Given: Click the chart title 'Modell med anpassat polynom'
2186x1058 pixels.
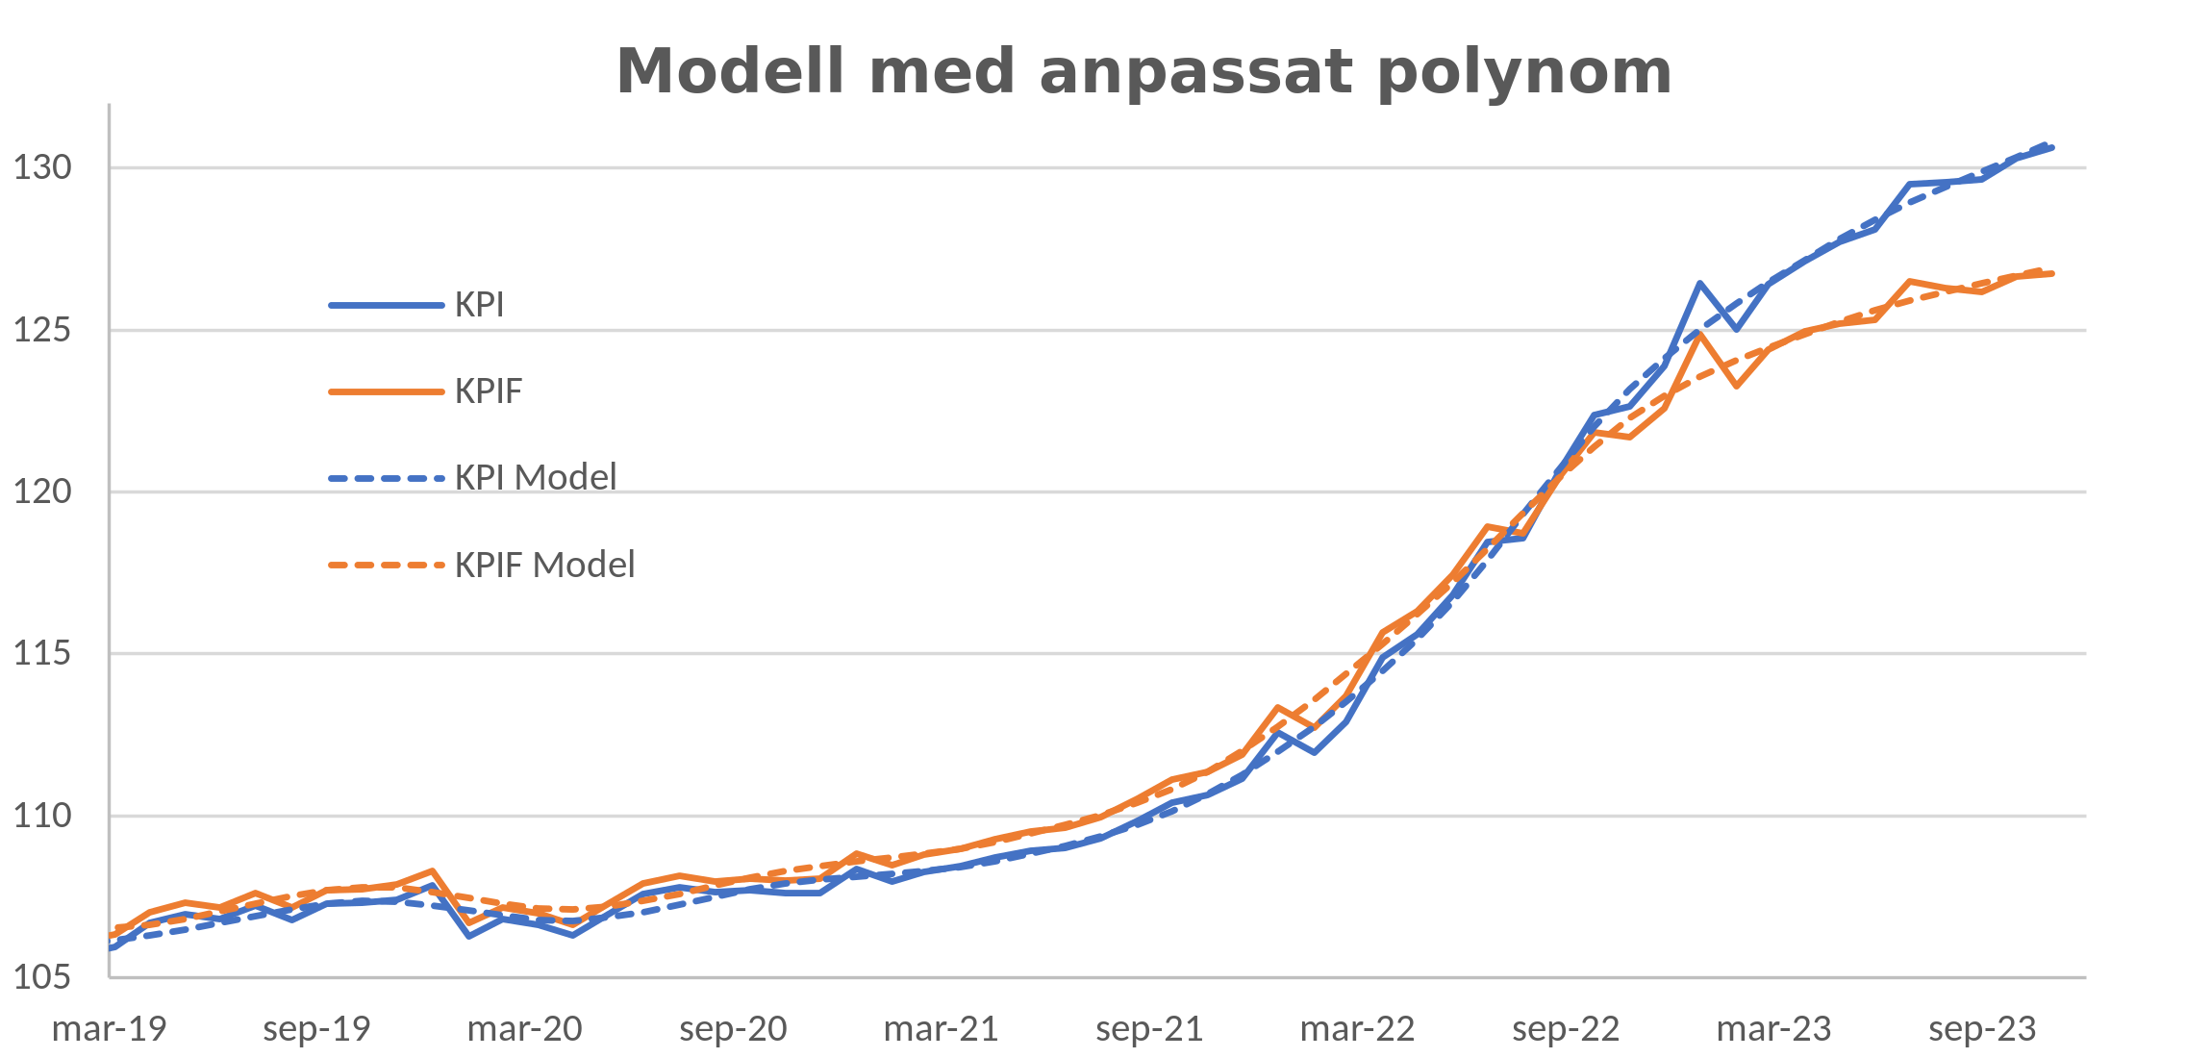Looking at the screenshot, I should pos(1143,71).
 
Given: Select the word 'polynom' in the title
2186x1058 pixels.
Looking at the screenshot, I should pos(1524,73).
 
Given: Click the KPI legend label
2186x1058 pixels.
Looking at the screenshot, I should pos(479,305).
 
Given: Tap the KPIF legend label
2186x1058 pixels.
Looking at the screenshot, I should pos(489,391).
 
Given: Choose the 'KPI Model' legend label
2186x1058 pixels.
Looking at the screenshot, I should pos(535,478).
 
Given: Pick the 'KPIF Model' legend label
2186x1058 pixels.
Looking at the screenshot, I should pos(544,565).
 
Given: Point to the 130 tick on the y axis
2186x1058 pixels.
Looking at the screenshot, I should pos(42,168).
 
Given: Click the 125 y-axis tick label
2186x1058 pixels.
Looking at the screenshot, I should pos(42,331).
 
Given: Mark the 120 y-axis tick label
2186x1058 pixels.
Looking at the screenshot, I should pos(42,492).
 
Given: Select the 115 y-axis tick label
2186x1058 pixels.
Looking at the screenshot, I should pos(42,654).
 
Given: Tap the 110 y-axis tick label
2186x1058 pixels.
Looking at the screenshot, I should pos(42,817).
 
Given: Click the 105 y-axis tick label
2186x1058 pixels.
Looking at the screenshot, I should pos(42,978).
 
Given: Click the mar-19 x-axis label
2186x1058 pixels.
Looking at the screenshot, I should pos(110,1029).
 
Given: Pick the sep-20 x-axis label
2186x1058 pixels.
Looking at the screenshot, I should pos(734,1029).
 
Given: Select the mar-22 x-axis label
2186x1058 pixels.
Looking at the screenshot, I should pos(1357,1029).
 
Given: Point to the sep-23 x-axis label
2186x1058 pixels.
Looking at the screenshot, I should pos(1982,1029).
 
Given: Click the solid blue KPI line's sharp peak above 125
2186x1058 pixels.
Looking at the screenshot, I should pos(1700,284).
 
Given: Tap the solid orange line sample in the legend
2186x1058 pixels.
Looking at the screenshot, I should pos(386,391).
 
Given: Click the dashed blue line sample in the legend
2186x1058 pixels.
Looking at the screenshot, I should pos(386,478).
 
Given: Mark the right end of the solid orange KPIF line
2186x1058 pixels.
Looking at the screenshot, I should pos(2052,274).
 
